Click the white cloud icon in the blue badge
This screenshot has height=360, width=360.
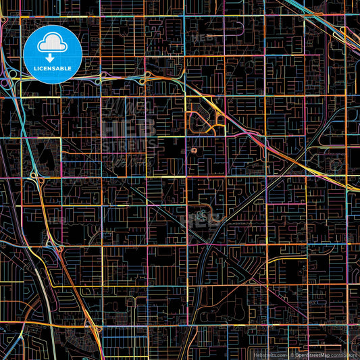pyautogui.click(x=52, y=44)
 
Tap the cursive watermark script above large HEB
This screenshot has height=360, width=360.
pyautogui.click(x=130, y=108)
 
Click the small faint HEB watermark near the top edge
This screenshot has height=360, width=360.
pyautogui.click(x=203, y=38)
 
